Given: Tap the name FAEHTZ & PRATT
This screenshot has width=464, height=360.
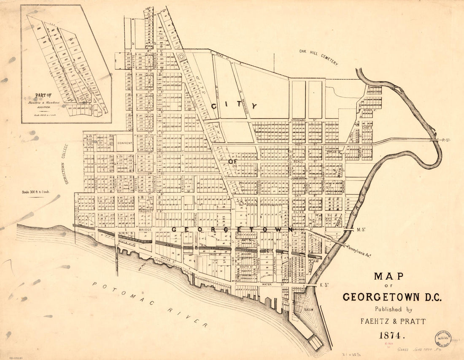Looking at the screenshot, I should (x=393, y=322).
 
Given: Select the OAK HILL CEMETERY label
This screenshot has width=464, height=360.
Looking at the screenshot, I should (x=318, y=57).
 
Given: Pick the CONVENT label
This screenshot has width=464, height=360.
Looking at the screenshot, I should (x=125, y=143).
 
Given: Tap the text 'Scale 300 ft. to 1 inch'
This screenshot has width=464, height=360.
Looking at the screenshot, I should (x=36, y=192).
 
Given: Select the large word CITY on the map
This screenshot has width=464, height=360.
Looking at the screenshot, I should (x=234, y=106).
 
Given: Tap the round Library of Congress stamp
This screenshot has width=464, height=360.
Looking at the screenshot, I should (x=442, y=338).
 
